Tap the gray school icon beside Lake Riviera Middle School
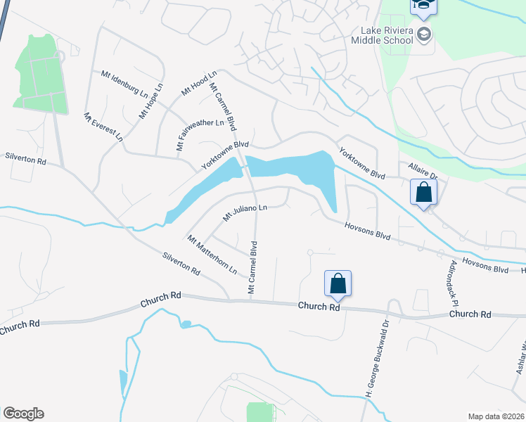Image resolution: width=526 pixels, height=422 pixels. [x=424, y=34]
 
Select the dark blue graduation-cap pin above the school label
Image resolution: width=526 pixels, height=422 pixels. [x=424, y=6]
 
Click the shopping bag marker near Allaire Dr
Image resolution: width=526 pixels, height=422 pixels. [x=424, y=192]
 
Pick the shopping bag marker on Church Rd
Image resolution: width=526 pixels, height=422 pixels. [x=338, y=283]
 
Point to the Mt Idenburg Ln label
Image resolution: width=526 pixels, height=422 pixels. [x=124, y=84]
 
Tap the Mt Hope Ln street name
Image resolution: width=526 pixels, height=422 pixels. [x=150, y=101]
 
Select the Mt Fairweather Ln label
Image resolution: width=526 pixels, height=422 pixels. [x=200, y=134]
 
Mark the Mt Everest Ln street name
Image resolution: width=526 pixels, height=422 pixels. [x=103, y=127]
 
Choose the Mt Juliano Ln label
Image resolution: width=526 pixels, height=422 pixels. [x=245, y=212]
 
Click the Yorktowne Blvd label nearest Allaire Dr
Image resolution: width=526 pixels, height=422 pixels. [x=362, y=162]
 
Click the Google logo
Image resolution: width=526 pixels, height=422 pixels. [x=24, y=414]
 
